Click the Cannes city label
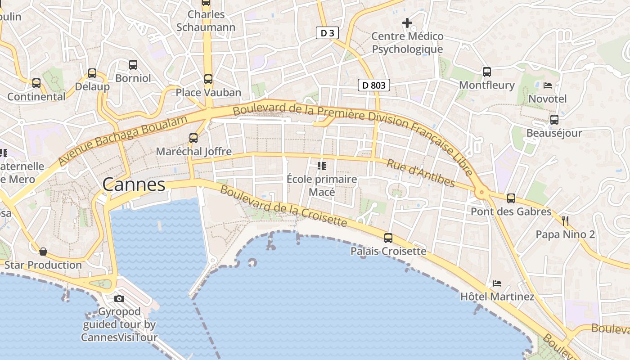(134, 184)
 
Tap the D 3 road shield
(327, 33)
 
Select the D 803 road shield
(373, 85)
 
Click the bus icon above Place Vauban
(208, 79)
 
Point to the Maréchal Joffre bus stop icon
(193, 138)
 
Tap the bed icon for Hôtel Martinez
(497, 283)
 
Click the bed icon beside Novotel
(548, 85)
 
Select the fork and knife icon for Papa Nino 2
(565, 220)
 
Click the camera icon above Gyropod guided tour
(119, 298)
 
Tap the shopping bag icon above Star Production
(43, 252)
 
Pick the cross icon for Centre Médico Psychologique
(407, 22)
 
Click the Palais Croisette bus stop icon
(388, 238)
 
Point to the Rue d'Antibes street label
(421, 173)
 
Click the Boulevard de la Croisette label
(283, 207)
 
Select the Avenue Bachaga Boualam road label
(122, 140)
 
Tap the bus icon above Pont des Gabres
(511, 198)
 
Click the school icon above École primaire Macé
(322, 166)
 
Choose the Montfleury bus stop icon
(487, 72)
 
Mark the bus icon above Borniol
(133, 65)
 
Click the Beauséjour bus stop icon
(554, 120)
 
